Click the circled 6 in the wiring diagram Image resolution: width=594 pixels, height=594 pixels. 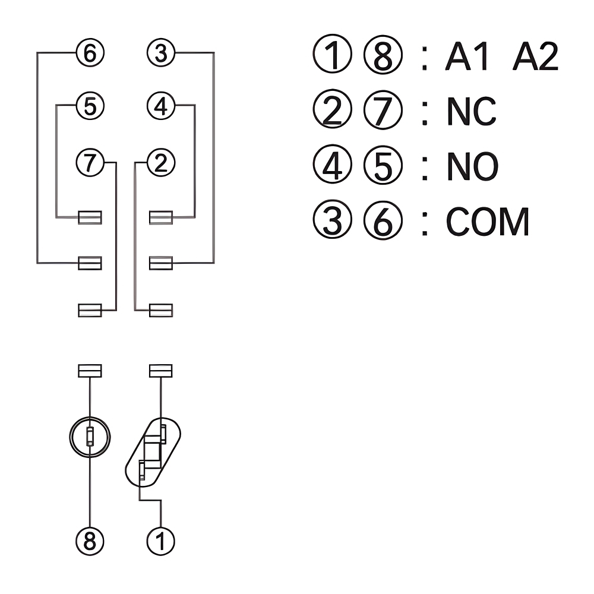tap(90, 53)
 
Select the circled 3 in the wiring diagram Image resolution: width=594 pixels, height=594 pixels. tap(161, 53)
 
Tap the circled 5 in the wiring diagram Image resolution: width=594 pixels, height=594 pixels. tap(90, 106)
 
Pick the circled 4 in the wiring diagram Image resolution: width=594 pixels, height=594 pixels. tap(161, 106)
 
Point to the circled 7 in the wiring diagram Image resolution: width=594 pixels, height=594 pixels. tap(90, 162)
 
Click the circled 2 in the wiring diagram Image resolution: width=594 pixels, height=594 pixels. tap(161, 162)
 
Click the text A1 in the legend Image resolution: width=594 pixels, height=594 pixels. tap(467, 58)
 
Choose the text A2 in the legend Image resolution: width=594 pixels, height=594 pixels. tap(535, 58)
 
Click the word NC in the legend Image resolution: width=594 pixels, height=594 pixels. tap(471, 112)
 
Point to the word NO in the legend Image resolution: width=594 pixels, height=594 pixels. tap(472, 168)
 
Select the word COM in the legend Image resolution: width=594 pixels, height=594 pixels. tap(487, 222)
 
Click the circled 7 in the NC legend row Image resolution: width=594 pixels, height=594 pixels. tap(383, 112)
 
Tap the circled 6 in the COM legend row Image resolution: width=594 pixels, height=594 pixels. tap(383, 222)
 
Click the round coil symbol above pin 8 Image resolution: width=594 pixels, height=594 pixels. tap(89, 437)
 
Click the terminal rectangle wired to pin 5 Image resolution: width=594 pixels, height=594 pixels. tap(90, 217)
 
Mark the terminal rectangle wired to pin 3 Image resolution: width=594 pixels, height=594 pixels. tap(161, 263)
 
